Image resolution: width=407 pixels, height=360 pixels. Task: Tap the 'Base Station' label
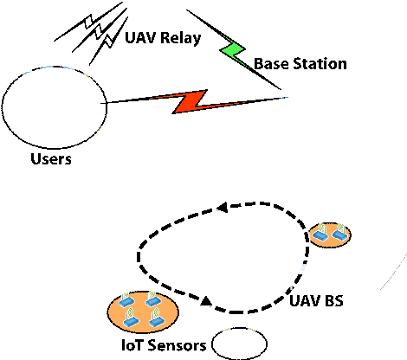click(300, 64)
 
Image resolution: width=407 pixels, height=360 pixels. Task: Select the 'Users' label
click(49, 159)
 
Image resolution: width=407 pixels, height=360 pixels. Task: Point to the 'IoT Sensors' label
click(163, 345)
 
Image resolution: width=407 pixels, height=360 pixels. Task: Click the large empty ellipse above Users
click(51, 110)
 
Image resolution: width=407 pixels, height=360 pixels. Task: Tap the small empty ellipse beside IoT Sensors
click(239, 344)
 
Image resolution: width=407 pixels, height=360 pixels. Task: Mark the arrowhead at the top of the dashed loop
click(222, 208)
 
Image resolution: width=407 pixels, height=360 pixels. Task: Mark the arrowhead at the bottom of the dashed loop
click(206, 301)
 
